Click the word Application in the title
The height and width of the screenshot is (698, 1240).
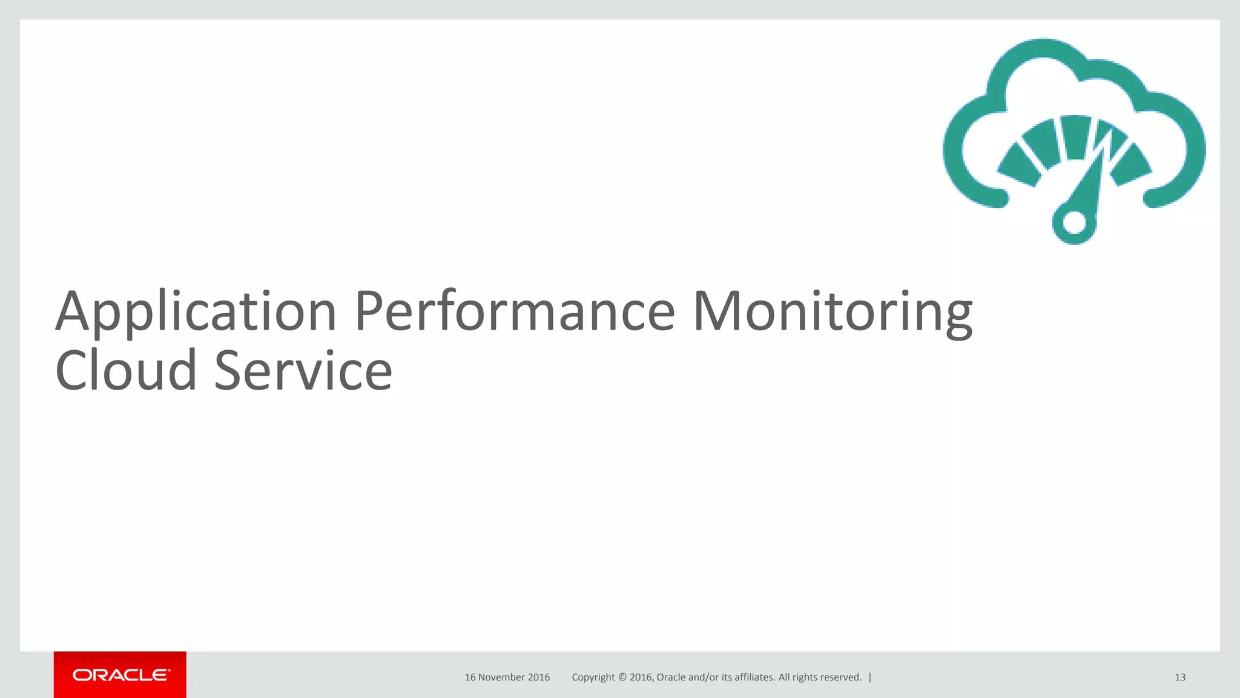pyautogui.click(x=196, y=313)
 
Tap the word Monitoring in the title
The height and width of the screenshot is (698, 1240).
pyautogui.click(x=833, y=313)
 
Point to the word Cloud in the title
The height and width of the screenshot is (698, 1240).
pyautogui.click(x=126, y=371)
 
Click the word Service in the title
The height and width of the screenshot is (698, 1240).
pyautogui.click(x=303, y=371)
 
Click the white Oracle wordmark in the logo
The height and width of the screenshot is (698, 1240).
pyautogui.click(x=121, y=675)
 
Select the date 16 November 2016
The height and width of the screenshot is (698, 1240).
pyautogui.click(x=507, y=677)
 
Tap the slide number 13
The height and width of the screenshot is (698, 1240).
pyautogui.click(x=1179, y=677)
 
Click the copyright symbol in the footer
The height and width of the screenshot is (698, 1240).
pyautogui.click(x=622, y=677)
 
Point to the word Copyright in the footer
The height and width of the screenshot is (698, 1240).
pyautogui.click(x=593, y=677)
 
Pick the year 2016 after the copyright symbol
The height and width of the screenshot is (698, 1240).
pyautogui.click(x=641, y=677)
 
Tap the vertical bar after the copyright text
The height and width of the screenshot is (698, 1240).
pyautogui.click(x=870, y=677)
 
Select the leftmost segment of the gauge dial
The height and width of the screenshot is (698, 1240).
pyautogui.click(x=1020, y=165)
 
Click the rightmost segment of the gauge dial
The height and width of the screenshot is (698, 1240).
pyautogui.click(x=1131, y=165)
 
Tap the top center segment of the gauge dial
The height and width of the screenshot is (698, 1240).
pyautogui.click(x=1075, y=136)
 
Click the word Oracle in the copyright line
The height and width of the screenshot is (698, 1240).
pyautogui.click(x=671, y=677)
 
